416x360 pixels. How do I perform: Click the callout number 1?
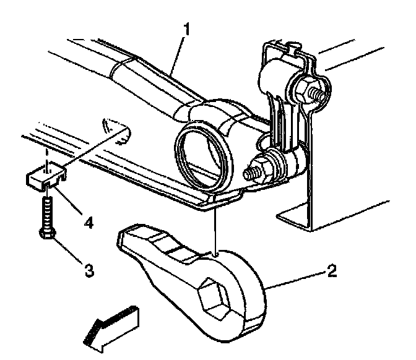point(187,29)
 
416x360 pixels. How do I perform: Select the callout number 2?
point(332,271)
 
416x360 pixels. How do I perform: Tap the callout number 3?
point(89,270)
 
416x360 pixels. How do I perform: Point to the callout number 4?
point(89,222)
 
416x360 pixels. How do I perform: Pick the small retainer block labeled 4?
point(46,177)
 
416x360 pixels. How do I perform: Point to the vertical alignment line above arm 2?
point(216,225)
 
